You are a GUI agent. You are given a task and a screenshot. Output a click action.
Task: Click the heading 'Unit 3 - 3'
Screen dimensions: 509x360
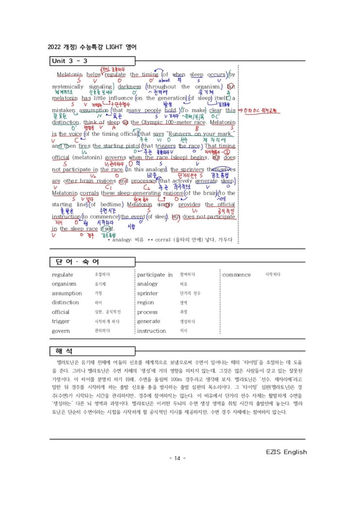[x=69, y=61]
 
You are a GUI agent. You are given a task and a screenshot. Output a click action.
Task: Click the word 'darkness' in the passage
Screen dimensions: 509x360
[x=129, y=87]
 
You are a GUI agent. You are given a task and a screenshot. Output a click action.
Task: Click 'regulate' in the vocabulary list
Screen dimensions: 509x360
[x=63, y=275]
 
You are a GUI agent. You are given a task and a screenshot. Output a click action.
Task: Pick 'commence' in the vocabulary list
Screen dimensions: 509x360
[x=236, y=275]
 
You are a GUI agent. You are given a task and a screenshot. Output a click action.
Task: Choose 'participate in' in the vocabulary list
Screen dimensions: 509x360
[x=155, y=275]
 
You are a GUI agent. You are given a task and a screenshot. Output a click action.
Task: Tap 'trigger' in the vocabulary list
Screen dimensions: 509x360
[x=61, y=321]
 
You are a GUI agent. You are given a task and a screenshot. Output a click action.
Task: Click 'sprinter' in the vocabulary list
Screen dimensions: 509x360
[x=148, y=293]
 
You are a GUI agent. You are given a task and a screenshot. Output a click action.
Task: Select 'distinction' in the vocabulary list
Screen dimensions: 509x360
[x=65, y=303]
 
